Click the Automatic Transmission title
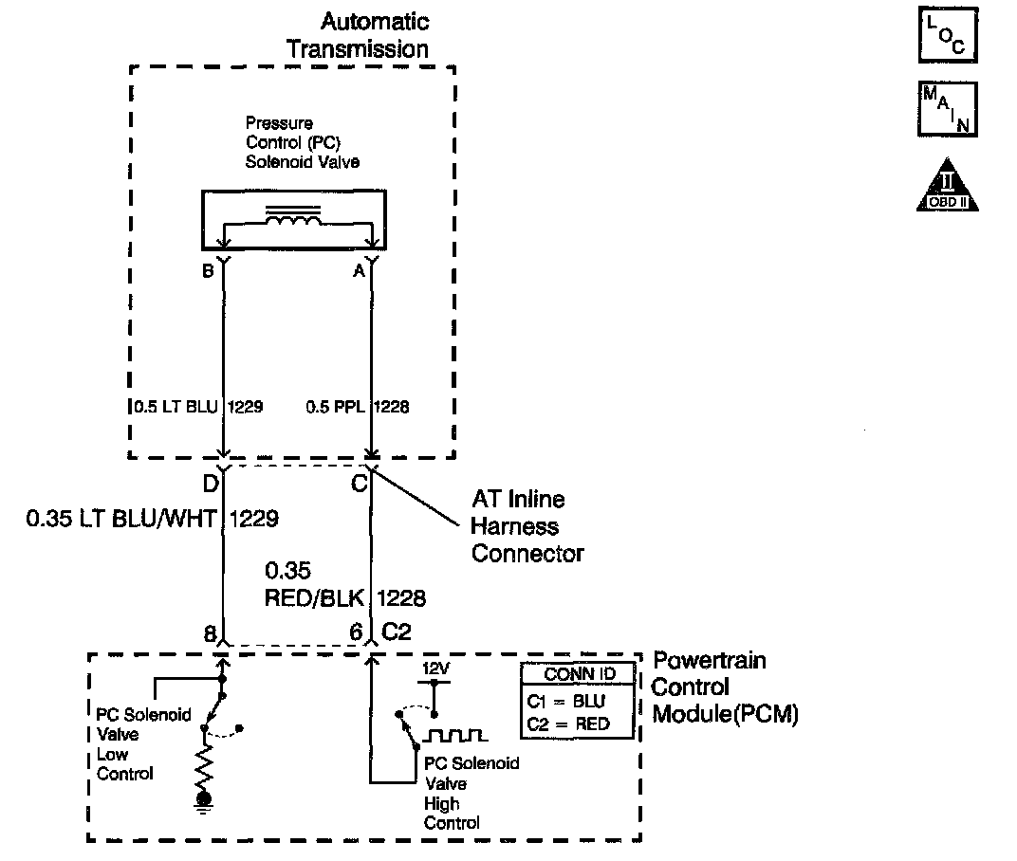360,35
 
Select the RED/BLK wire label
319,598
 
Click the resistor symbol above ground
204,765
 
